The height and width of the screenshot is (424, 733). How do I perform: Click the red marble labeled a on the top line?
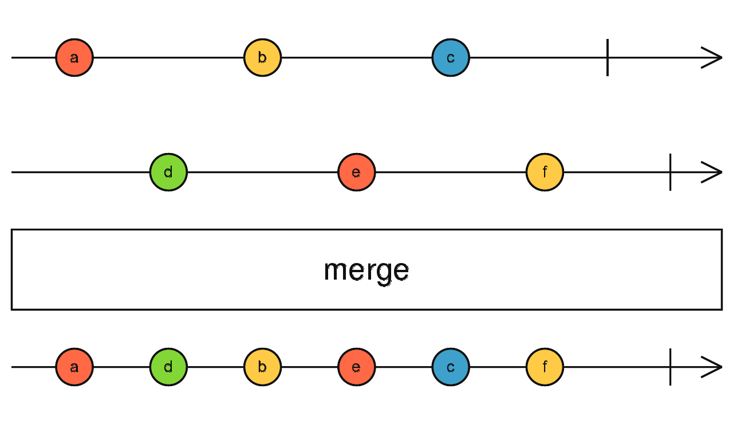74,58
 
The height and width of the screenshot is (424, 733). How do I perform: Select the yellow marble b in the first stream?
262,58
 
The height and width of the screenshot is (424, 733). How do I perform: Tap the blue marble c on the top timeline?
451,58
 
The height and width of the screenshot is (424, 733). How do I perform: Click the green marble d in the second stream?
168,172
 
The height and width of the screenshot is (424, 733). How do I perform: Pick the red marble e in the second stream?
357,172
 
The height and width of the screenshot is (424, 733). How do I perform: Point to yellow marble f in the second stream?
545,172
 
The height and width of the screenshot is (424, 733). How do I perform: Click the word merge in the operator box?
366,270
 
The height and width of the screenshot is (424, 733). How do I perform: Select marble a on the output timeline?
74,367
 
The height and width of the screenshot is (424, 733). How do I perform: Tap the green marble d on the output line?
168,367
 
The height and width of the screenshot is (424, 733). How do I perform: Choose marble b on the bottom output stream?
262,367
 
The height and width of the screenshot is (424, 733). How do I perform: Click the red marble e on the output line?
357,367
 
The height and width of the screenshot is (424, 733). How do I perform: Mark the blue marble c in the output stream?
451,367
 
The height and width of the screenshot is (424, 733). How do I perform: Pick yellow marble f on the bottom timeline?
545,367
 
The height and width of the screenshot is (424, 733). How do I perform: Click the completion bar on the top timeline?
608,58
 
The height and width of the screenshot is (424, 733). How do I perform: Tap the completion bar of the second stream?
670,172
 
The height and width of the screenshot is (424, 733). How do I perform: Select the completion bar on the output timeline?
670,367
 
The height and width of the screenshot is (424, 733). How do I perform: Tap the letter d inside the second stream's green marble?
168,172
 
